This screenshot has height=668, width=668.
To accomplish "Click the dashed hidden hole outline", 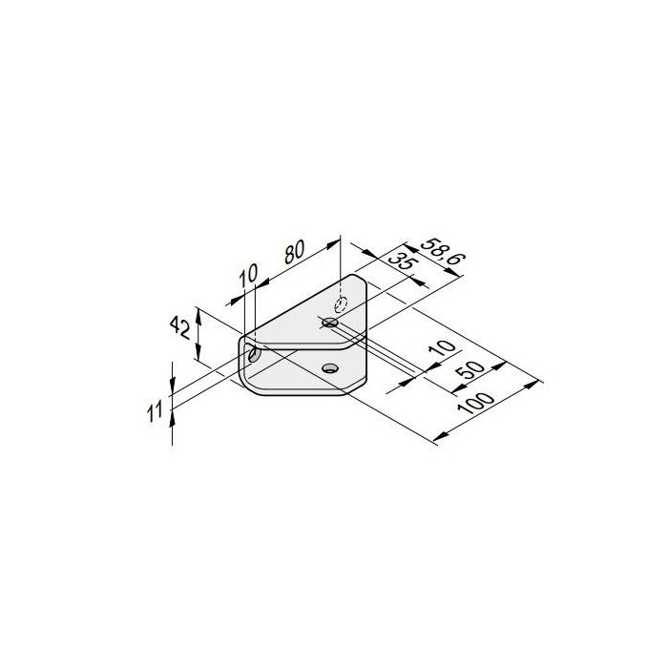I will (339, 304).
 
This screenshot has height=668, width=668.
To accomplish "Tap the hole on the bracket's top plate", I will (330, 324).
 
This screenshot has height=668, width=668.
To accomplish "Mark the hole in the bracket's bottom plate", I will (330, 367).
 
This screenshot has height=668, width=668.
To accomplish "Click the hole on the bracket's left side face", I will (254, 356).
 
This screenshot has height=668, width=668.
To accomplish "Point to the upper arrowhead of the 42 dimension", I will (197, 311).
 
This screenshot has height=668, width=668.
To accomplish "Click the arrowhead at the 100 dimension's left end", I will (437, 437).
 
